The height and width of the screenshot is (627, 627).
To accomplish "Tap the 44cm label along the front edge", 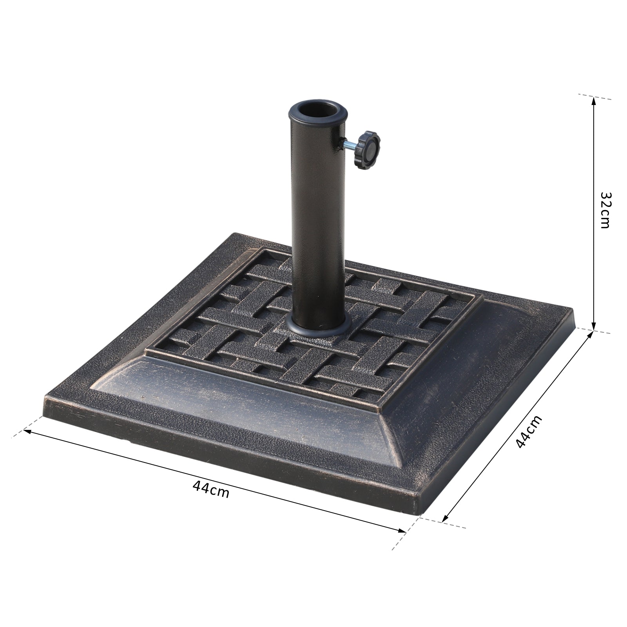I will pyautogui.click(x=211, y=489).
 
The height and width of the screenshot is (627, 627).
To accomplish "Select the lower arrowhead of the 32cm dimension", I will pyautogui.click(x=594, y=327).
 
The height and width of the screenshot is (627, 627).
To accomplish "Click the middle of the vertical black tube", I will pyautogui.click(x=317, y=219).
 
